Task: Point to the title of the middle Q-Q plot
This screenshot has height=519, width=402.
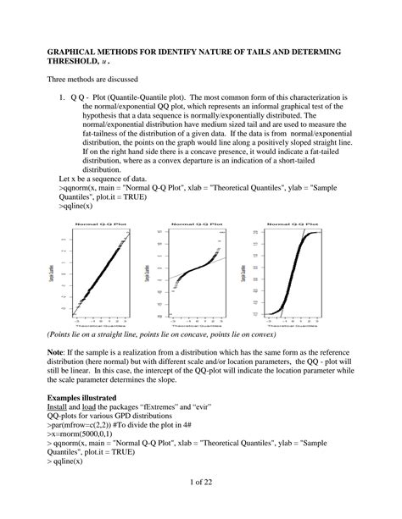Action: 194,224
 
